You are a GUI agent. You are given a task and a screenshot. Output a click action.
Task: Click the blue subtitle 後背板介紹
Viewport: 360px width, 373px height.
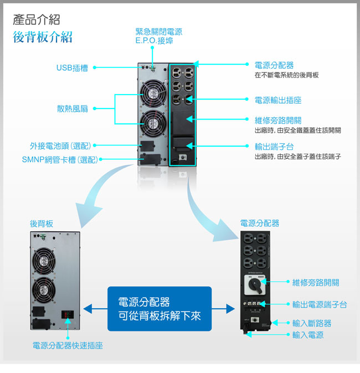tap(43, 38)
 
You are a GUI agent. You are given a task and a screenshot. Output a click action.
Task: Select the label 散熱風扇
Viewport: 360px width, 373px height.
tap(73, 108)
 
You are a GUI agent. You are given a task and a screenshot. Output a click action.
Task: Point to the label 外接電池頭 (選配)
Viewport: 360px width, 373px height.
tap(60, 146)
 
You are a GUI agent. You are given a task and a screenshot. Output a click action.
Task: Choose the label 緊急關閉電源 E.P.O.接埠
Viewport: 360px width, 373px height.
tap(158, 37)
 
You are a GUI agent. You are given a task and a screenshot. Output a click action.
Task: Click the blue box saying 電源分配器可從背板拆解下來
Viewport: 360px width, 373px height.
tap(160, 309)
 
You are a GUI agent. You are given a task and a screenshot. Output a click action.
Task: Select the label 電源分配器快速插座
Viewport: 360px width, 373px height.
tap(67, 346)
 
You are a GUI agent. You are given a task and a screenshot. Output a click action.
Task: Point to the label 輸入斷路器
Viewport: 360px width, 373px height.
tap(315, 323)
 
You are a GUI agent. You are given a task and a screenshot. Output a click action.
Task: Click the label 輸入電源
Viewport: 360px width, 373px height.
tap(308, 335)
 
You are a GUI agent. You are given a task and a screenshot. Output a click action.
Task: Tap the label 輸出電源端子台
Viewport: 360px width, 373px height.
tap(320, 304)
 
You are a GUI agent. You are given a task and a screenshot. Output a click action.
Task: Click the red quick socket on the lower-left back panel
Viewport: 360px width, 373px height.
tap(67, 314)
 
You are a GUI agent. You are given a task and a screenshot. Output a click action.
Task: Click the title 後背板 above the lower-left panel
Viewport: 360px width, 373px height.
tap(42, 224)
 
